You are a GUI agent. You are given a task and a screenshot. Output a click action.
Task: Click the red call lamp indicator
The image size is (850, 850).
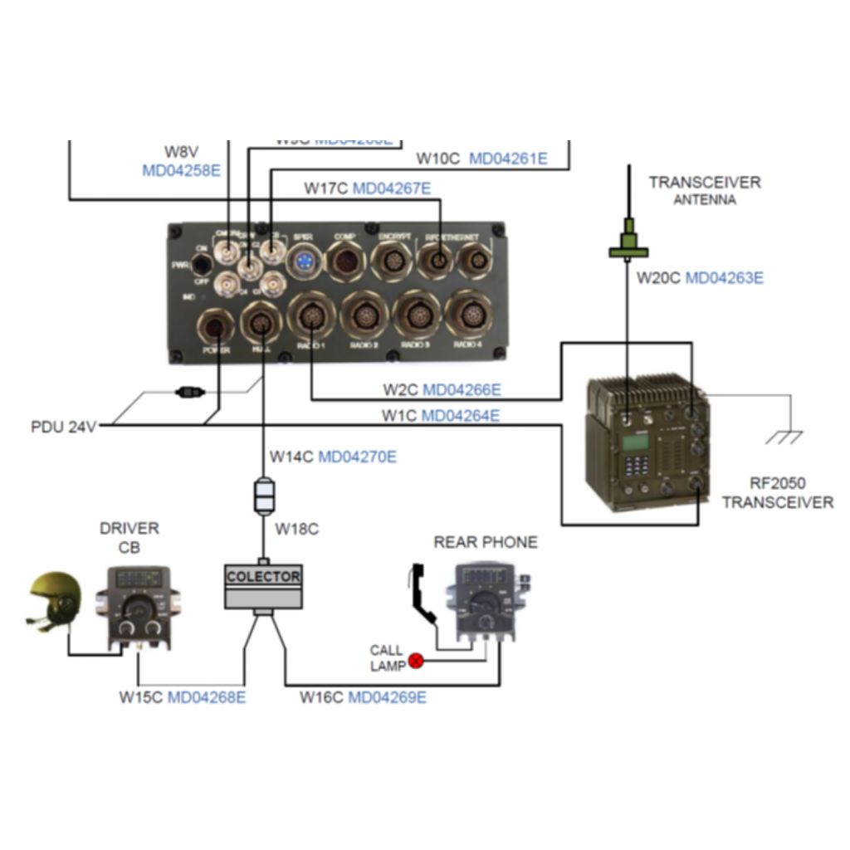[x=416, y=661]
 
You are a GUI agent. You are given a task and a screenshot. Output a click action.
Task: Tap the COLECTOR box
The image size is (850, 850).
[x=263, y=586]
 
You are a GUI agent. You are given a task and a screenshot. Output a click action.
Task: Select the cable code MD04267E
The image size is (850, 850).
[x=392, y=188]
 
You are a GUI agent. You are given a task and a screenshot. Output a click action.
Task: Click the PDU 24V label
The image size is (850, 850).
[x=64, y=427]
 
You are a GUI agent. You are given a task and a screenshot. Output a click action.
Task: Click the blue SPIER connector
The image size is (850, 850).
[x=302, y=261]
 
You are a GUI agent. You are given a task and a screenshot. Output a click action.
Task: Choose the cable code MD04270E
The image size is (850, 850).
[x=358, y=457]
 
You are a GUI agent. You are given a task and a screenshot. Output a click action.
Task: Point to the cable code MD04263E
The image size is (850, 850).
[x=724, y=278]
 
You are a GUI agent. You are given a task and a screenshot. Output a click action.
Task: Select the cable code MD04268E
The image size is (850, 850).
[x=207, y=697]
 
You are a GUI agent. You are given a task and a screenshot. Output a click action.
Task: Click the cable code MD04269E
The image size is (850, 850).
[x=387, y=697]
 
